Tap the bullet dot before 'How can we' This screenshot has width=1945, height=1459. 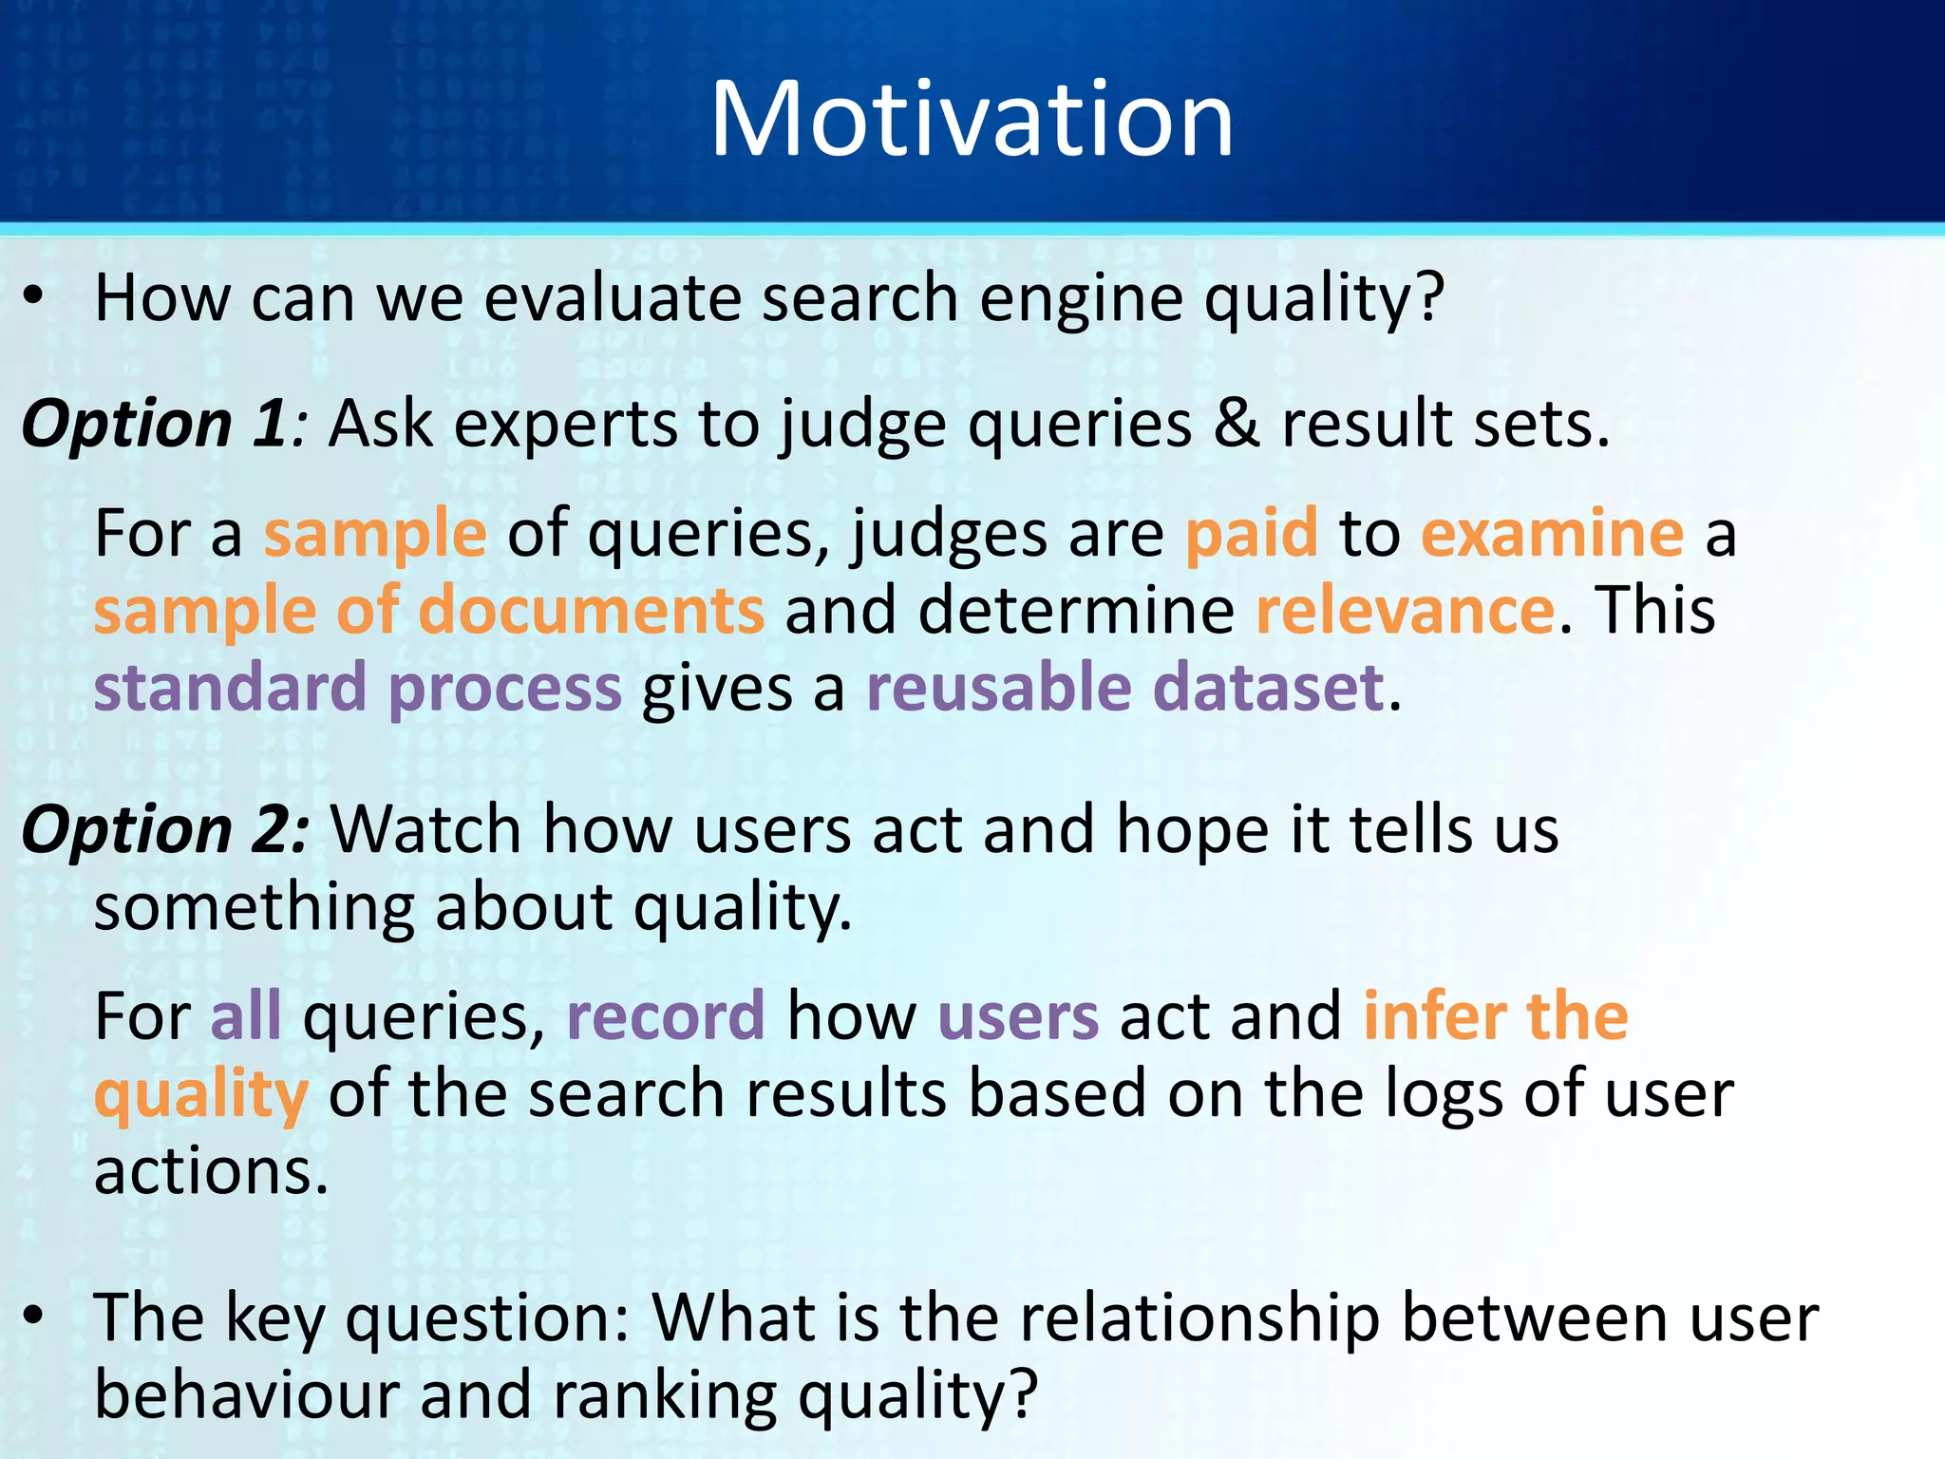pos(34,297)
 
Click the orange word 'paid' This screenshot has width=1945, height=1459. pos(1252,533)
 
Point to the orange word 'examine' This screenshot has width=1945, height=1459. pos(1552,533)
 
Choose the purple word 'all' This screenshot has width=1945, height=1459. pos(245,1015)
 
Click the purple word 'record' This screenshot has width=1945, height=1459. pos(666,1015)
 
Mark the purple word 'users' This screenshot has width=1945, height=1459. pos(1018,1015)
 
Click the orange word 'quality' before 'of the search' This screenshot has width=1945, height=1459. pos(201,1095)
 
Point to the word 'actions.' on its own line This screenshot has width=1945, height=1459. pos(211,1171)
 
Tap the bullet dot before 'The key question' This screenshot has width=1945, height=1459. pos(34,1317)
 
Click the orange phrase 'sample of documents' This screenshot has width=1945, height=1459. pos(428,610)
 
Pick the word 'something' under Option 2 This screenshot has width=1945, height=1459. pos(254,907)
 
